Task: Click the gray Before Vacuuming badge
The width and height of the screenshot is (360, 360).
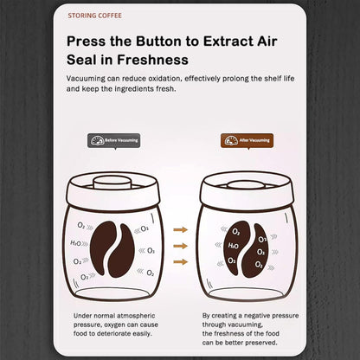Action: tap(113, 139)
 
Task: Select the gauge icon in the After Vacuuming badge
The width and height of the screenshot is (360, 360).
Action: tap(230, 139)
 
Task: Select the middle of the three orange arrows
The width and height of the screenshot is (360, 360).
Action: tap(180, 245)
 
